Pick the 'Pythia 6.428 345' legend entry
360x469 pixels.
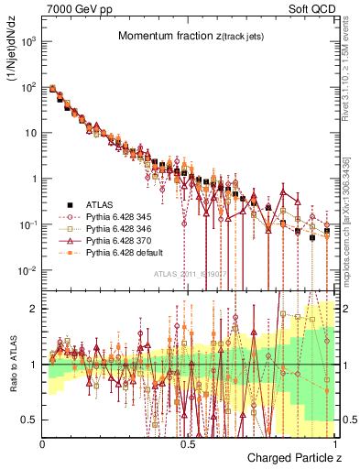pos(115,217)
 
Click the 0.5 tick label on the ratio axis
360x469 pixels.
pos(30,420)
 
